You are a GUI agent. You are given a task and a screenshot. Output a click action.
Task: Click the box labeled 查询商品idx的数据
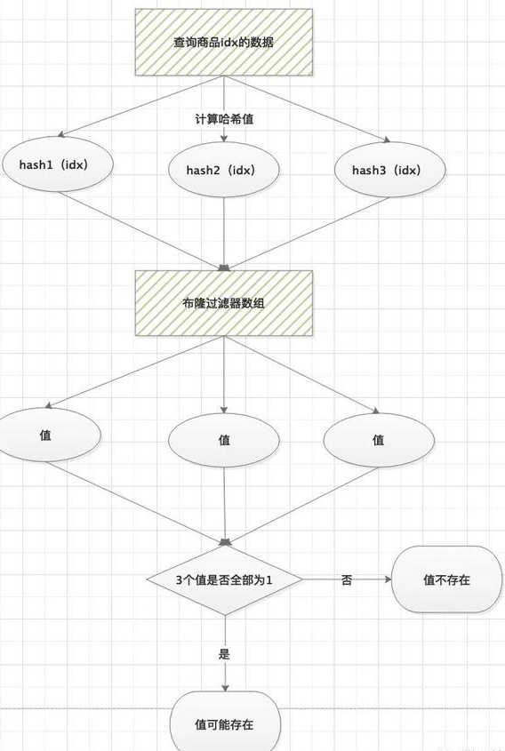(224, 42)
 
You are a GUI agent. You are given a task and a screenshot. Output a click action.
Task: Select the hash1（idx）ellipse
(58, 164)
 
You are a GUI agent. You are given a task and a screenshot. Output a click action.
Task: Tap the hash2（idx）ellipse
(224, 170)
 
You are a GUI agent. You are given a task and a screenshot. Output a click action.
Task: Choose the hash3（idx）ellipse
(390, 170)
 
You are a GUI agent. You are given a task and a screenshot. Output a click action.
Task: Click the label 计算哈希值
(224, 119)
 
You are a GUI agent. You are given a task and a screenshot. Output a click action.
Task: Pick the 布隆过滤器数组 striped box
(224, 303)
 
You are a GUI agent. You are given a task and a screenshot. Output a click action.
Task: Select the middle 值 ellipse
(224, 440)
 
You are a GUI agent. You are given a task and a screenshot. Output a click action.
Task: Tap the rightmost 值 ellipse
(379, 440)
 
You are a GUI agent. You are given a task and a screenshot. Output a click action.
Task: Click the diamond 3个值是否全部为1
(224, 580)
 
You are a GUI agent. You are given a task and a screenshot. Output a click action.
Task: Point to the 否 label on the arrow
(347, 580)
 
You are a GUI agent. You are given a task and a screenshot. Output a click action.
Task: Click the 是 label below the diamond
(224, 654)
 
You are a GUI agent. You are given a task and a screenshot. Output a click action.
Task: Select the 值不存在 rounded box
(446, 579)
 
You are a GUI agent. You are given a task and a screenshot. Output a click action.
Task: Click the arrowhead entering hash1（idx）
(60, 134)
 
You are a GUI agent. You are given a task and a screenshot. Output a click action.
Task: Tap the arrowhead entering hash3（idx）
(387, 140)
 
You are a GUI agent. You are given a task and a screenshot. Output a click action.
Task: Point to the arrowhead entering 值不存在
(389, 579)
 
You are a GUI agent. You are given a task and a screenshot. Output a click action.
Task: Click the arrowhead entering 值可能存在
(225, 688)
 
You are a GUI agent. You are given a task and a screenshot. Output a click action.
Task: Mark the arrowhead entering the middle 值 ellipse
(224, 410)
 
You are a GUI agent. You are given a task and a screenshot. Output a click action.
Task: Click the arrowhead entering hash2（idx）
(224, 139)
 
